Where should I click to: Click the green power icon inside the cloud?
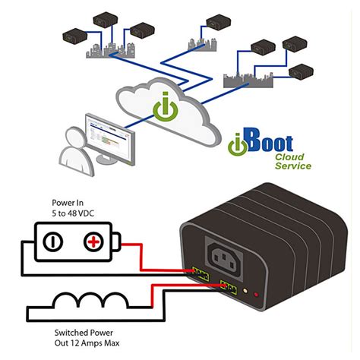[x=163, y=107]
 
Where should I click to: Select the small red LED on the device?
[x=255, y=292]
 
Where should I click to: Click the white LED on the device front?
[x=245, y=290]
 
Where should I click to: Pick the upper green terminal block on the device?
[x=201, y=271]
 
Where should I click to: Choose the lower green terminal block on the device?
[x=228, y=286]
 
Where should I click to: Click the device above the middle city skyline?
[x=216, y=20]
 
